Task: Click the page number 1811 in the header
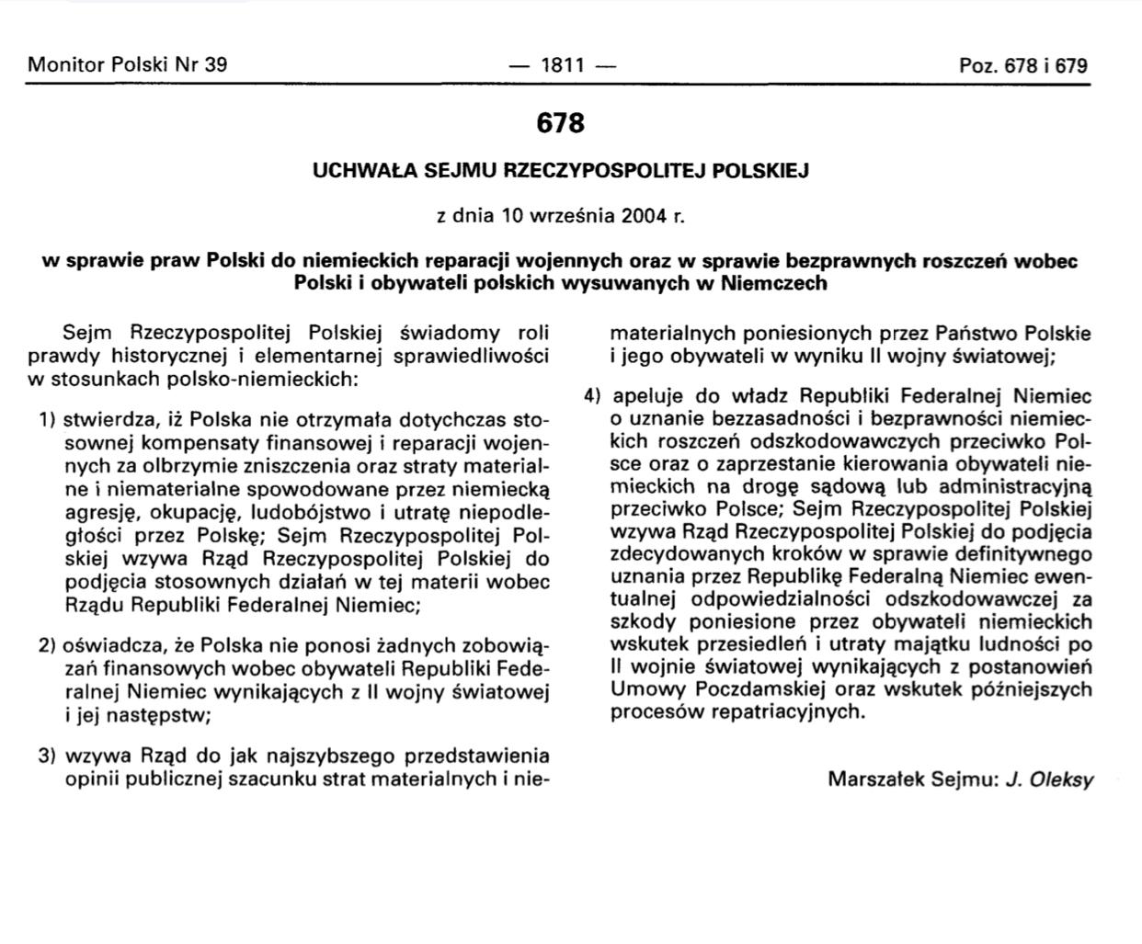tap(562, 65)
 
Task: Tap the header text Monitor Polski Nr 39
tap(128, 64)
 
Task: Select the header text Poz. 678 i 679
tap(1022, 65)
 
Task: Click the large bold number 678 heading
tap(560, 123)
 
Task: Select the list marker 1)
tap(47, 420)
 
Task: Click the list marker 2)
tap(47, 645)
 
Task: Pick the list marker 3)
tap(47, 756)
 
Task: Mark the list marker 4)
tap(592, 396)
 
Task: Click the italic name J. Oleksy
tap(1049, 779)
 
